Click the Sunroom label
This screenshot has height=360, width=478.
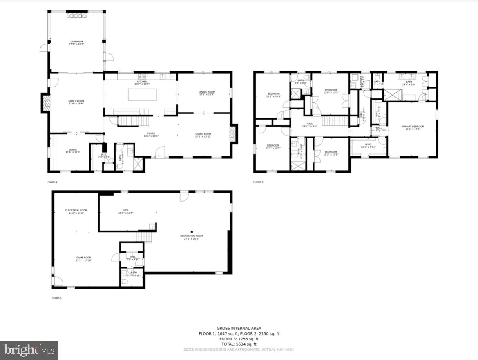click(x=76, y=42)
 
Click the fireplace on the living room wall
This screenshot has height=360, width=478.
click(x=233, y=134)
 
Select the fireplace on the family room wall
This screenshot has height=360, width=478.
click(x=45, y=103)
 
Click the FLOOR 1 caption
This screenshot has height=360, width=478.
click(x=56, y=298)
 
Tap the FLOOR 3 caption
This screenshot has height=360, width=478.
click(x=258, y=182)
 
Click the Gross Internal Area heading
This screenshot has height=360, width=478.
click(x=239, y=328)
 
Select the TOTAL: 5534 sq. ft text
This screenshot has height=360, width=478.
click(x=239, y=344)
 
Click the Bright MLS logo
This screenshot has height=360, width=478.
click(x=29, y=350)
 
